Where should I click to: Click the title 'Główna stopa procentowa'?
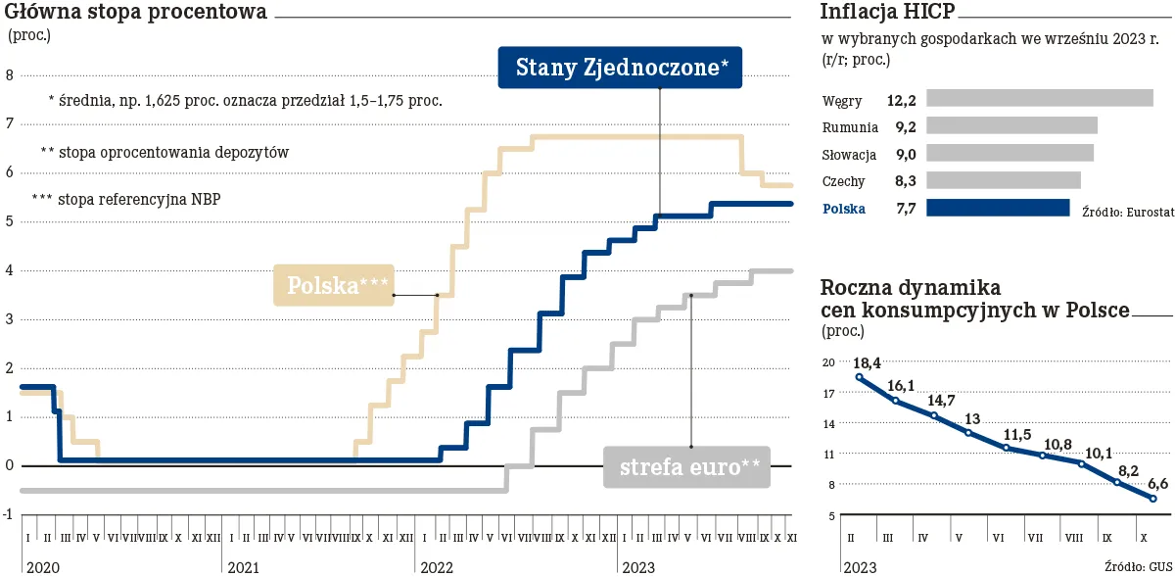(136, 13)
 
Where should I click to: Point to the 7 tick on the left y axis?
(9, 123)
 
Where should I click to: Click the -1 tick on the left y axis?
(8, 514)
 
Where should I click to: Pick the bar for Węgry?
(1039, 98)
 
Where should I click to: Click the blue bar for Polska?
(998, 208)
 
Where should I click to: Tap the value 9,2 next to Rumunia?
(905, 126)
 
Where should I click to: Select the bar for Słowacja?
(1010, 153)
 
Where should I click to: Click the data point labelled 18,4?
(859, 377)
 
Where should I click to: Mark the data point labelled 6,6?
(1153, 499)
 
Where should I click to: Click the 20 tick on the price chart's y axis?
(827, 362)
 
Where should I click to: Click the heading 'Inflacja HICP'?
(887, 13)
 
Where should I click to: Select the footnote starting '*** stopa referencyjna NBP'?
(126, 199)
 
